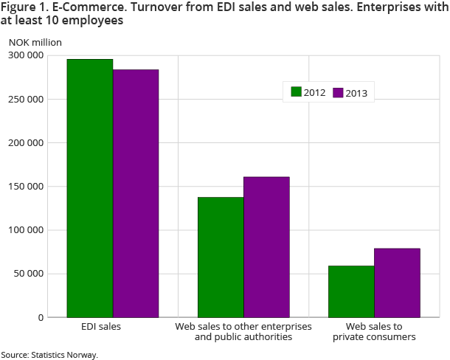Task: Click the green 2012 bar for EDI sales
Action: (89, 188)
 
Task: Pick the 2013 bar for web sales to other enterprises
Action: (266, 247)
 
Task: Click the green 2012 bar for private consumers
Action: (351, 291)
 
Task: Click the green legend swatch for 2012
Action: (297, 92)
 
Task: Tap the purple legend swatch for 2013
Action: (339, 92)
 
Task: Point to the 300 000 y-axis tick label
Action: (26, 55)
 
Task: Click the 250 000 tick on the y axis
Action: (26, 99)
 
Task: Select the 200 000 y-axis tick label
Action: (26, 142)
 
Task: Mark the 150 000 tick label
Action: (26, 186)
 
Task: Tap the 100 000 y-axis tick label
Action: (26, 230)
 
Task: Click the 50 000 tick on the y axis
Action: (29, 274)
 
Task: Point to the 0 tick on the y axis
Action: (41, 317)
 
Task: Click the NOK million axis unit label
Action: (35, 42)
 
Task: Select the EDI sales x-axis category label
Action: (100, 326)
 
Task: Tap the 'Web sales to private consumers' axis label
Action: (374, 331)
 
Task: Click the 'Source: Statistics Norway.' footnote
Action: (49, 355)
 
